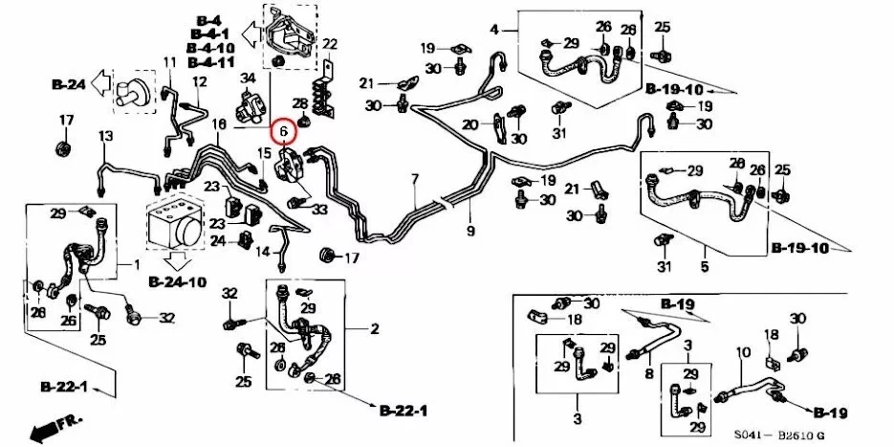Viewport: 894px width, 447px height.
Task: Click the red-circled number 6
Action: (x=282, y=133)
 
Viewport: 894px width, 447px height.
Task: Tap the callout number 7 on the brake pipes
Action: (x=415, y=180)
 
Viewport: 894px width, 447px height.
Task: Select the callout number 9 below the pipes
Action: (x=470, y=231)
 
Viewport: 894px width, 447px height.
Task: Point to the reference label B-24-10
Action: (x=177, y=281)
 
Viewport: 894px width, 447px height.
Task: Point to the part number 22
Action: (x=330, y=44)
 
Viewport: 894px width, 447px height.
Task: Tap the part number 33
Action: (x=319, y=209)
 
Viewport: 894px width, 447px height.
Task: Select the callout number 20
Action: (x=469, y=124)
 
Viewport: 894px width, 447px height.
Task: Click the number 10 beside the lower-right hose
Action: (x=739, y=353)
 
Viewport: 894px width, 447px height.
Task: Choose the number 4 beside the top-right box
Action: (x=494, y=30)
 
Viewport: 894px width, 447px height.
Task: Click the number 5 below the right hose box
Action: (x=705, y=268)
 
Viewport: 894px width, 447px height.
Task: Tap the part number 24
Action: (x=218, y=240)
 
